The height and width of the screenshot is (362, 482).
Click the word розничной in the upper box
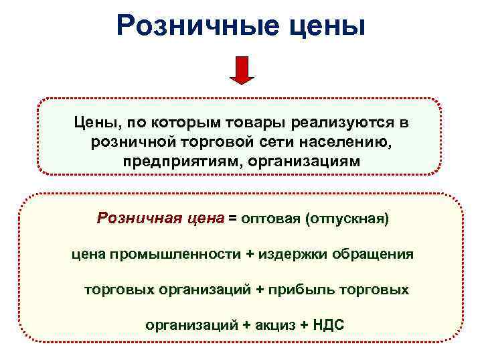(131, 143)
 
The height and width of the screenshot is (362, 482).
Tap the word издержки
(271, 254)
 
